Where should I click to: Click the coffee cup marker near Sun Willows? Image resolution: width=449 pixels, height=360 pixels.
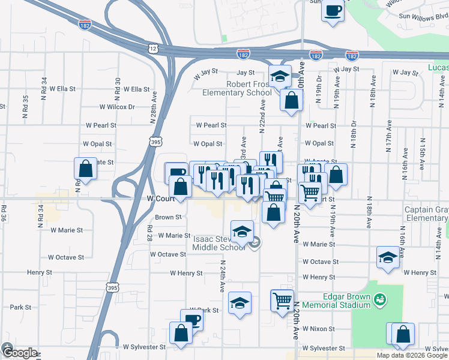333,11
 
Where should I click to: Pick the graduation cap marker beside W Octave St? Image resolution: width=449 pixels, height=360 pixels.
388,258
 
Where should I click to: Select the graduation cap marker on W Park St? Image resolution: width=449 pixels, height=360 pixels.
240,304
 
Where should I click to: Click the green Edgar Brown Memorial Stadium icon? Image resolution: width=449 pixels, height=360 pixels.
379,298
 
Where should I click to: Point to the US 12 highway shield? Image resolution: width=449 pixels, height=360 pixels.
154,48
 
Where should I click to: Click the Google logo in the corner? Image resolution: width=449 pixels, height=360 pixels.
19,352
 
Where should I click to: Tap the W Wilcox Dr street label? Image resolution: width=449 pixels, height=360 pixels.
118,107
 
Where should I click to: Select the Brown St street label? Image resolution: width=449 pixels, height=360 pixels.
168,217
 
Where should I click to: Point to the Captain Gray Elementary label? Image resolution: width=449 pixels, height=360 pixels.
426,214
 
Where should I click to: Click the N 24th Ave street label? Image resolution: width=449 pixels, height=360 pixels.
222,276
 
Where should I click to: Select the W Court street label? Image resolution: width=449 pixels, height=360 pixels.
160,198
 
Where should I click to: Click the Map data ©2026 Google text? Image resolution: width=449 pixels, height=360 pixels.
411,355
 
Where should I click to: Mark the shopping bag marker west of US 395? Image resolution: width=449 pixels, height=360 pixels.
86,169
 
